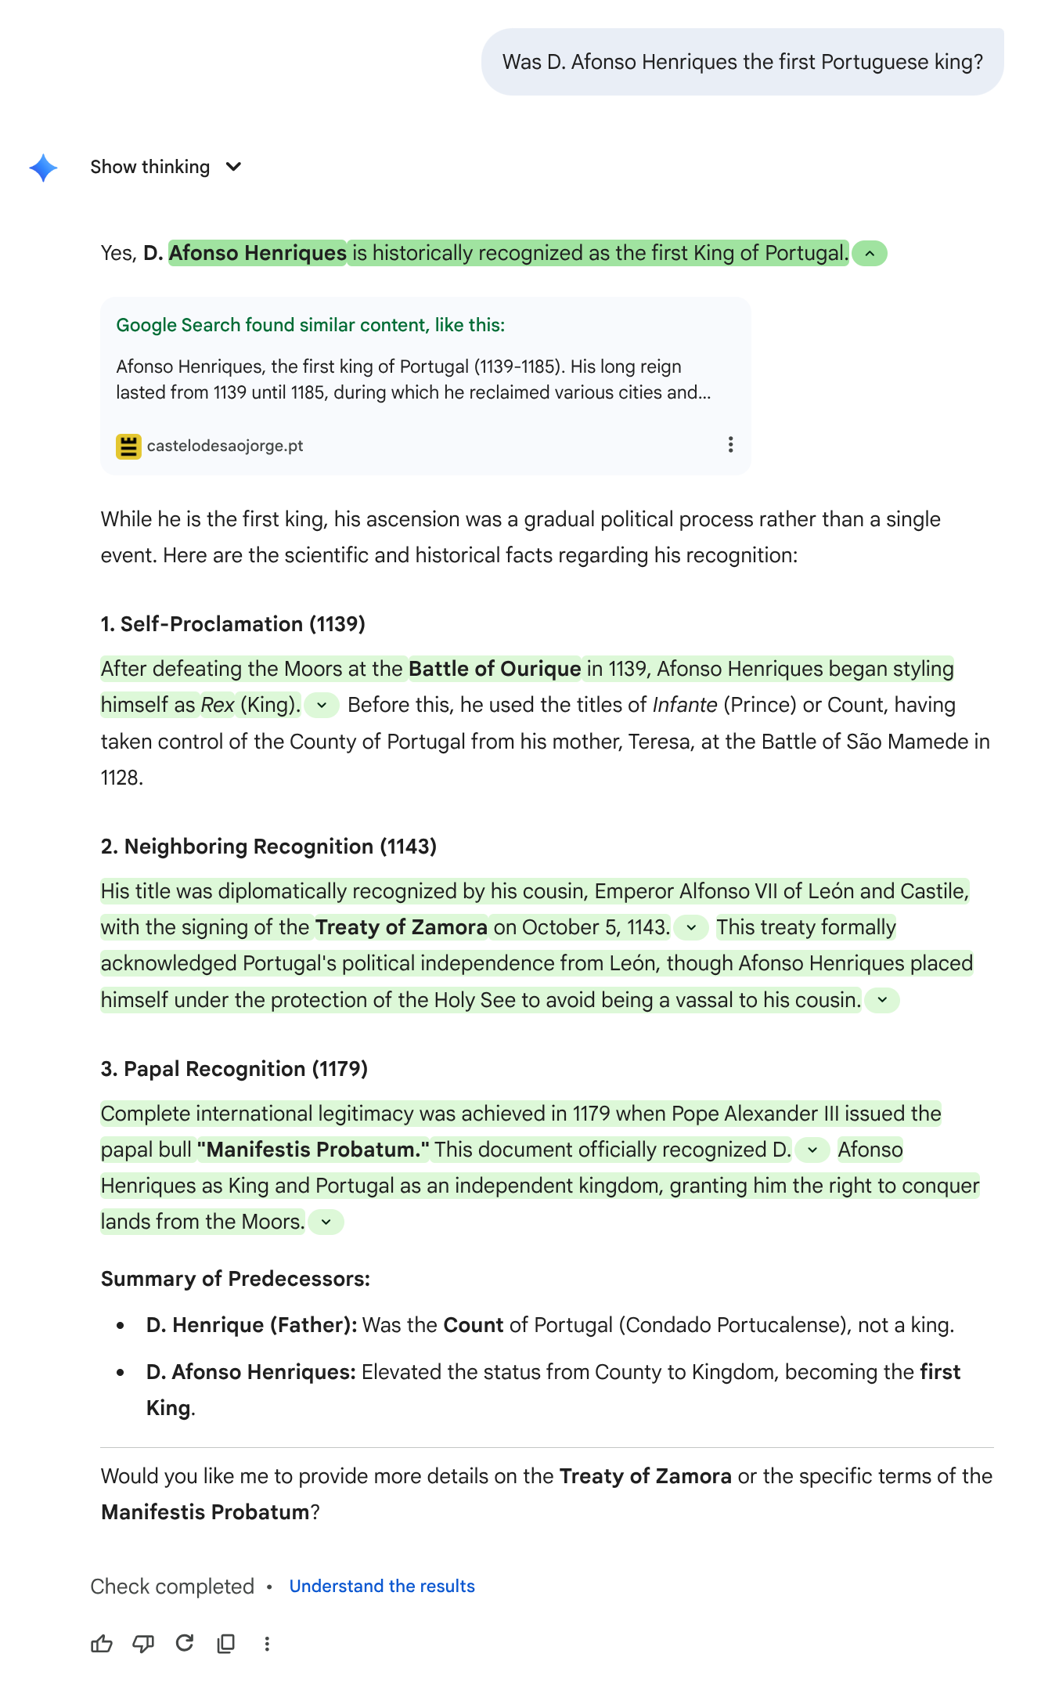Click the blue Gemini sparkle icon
[43, 168]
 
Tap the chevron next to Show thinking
[233, 167]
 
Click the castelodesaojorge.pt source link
[225, 446]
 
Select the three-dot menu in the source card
[730, 445]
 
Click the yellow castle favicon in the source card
[128, 446]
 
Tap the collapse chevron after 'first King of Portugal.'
[870, 254]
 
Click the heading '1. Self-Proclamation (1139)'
[233, 624]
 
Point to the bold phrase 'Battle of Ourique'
[495, 669]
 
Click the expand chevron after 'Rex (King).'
[322, 706]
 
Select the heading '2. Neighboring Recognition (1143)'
[268, 847]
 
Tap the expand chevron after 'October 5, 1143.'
[691, 928]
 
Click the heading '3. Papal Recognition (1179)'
[234, 1069]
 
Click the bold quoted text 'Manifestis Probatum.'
[313, 1150]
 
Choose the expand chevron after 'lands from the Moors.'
[326, 1222]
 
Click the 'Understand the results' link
[382, 1587]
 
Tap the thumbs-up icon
[102, 1644]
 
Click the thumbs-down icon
[143, 1644]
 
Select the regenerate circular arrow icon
[185, 1643]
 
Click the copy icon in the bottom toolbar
[226, 1644]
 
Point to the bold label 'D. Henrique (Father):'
[251, 1325]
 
